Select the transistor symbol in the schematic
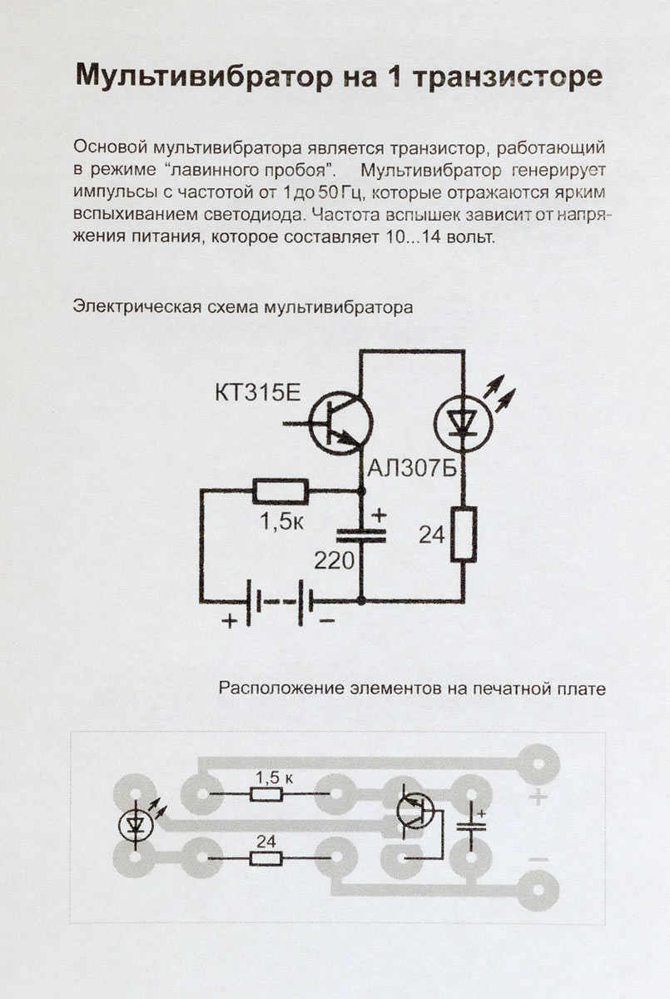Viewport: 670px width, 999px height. click(x=339, y=423)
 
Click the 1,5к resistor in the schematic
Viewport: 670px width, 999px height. click(x=280, y=491)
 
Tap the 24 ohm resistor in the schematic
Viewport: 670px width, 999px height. click(x=464, y=533)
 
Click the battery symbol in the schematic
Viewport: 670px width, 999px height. click(x=280, y=600)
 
